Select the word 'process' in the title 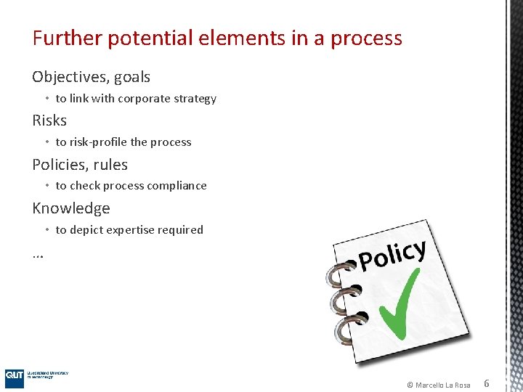[366, 38]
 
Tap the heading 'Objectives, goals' [91, 77]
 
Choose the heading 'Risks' [49, 121]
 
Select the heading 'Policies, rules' [80, 165]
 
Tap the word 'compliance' [177, 186]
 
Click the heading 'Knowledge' [71, 208]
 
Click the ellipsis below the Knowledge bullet [38, 254]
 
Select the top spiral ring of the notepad [338, 274]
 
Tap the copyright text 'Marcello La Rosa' [442, 385]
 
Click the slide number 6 [487, 383]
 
